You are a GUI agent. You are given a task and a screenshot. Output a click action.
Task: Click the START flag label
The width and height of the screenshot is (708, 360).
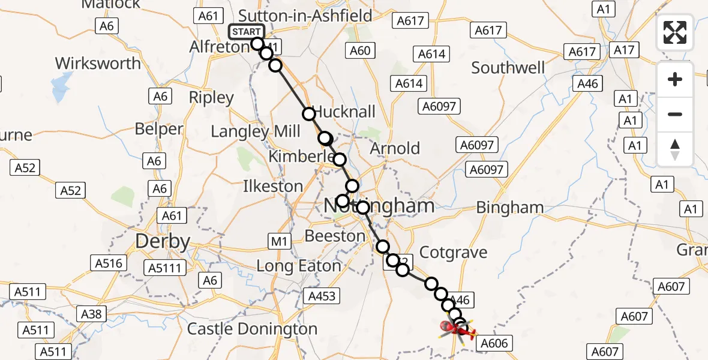pyautogui.click(x=246, y=32)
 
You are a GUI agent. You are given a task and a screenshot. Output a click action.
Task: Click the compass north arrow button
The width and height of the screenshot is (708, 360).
pyautogui.click(x=675, y=149)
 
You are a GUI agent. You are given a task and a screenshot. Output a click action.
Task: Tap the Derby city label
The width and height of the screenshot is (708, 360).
pyautogui.click(x=163, y=242)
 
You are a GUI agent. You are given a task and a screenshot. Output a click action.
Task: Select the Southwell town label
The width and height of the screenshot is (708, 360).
pyautogui.click(x=508, y=68)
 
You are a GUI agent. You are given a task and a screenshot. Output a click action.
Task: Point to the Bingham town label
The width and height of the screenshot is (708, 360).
pyautogui.click(x=509, y=208)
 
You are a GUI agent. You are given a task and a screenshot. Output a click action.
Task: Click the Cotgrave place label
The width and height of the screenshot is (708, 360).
pyautogui.click(x=453, y=252)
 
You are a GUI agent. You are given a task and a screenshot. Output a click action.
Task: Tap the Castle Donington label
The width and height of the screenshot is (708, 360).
pyautogui.click(x=252, y=329)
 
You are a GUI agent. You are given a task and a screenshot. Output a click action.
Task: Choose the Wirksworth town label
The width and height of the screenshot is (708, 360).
pyautogui.click(x=98, y=63)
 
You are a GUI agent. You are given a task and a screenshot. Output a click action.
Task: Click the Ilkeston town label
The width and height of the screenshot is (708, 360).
pyautogui.click(x=272, y=186)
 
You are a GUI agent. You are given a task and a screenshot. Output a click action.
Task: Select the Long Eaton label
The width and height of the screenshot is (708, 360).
pyautogui.click(x=298, y=265)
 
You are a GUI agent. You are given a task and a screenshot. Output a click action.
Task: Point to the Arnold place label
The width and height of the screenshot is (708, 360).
pyautogui.click(x=395, y=148)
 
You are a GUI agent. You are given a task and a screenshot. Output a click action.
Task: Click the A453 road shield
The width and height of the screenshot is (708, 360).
pyautogui.click(x=322, y=295)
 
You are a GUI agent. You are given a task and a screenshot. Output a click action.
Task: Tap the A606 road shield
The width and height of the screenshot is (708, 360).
pyautogui.click(x=494, y=343)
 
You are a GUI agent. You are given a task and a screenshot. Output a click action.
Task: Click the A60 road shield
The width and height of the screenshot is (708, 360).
pyautogui.click(x=360, y=50)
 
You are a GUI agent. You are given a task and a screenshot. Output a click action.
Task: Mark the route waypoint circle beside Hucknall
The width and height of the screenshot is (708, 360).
pyautogui.click(x=309, y=113)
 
